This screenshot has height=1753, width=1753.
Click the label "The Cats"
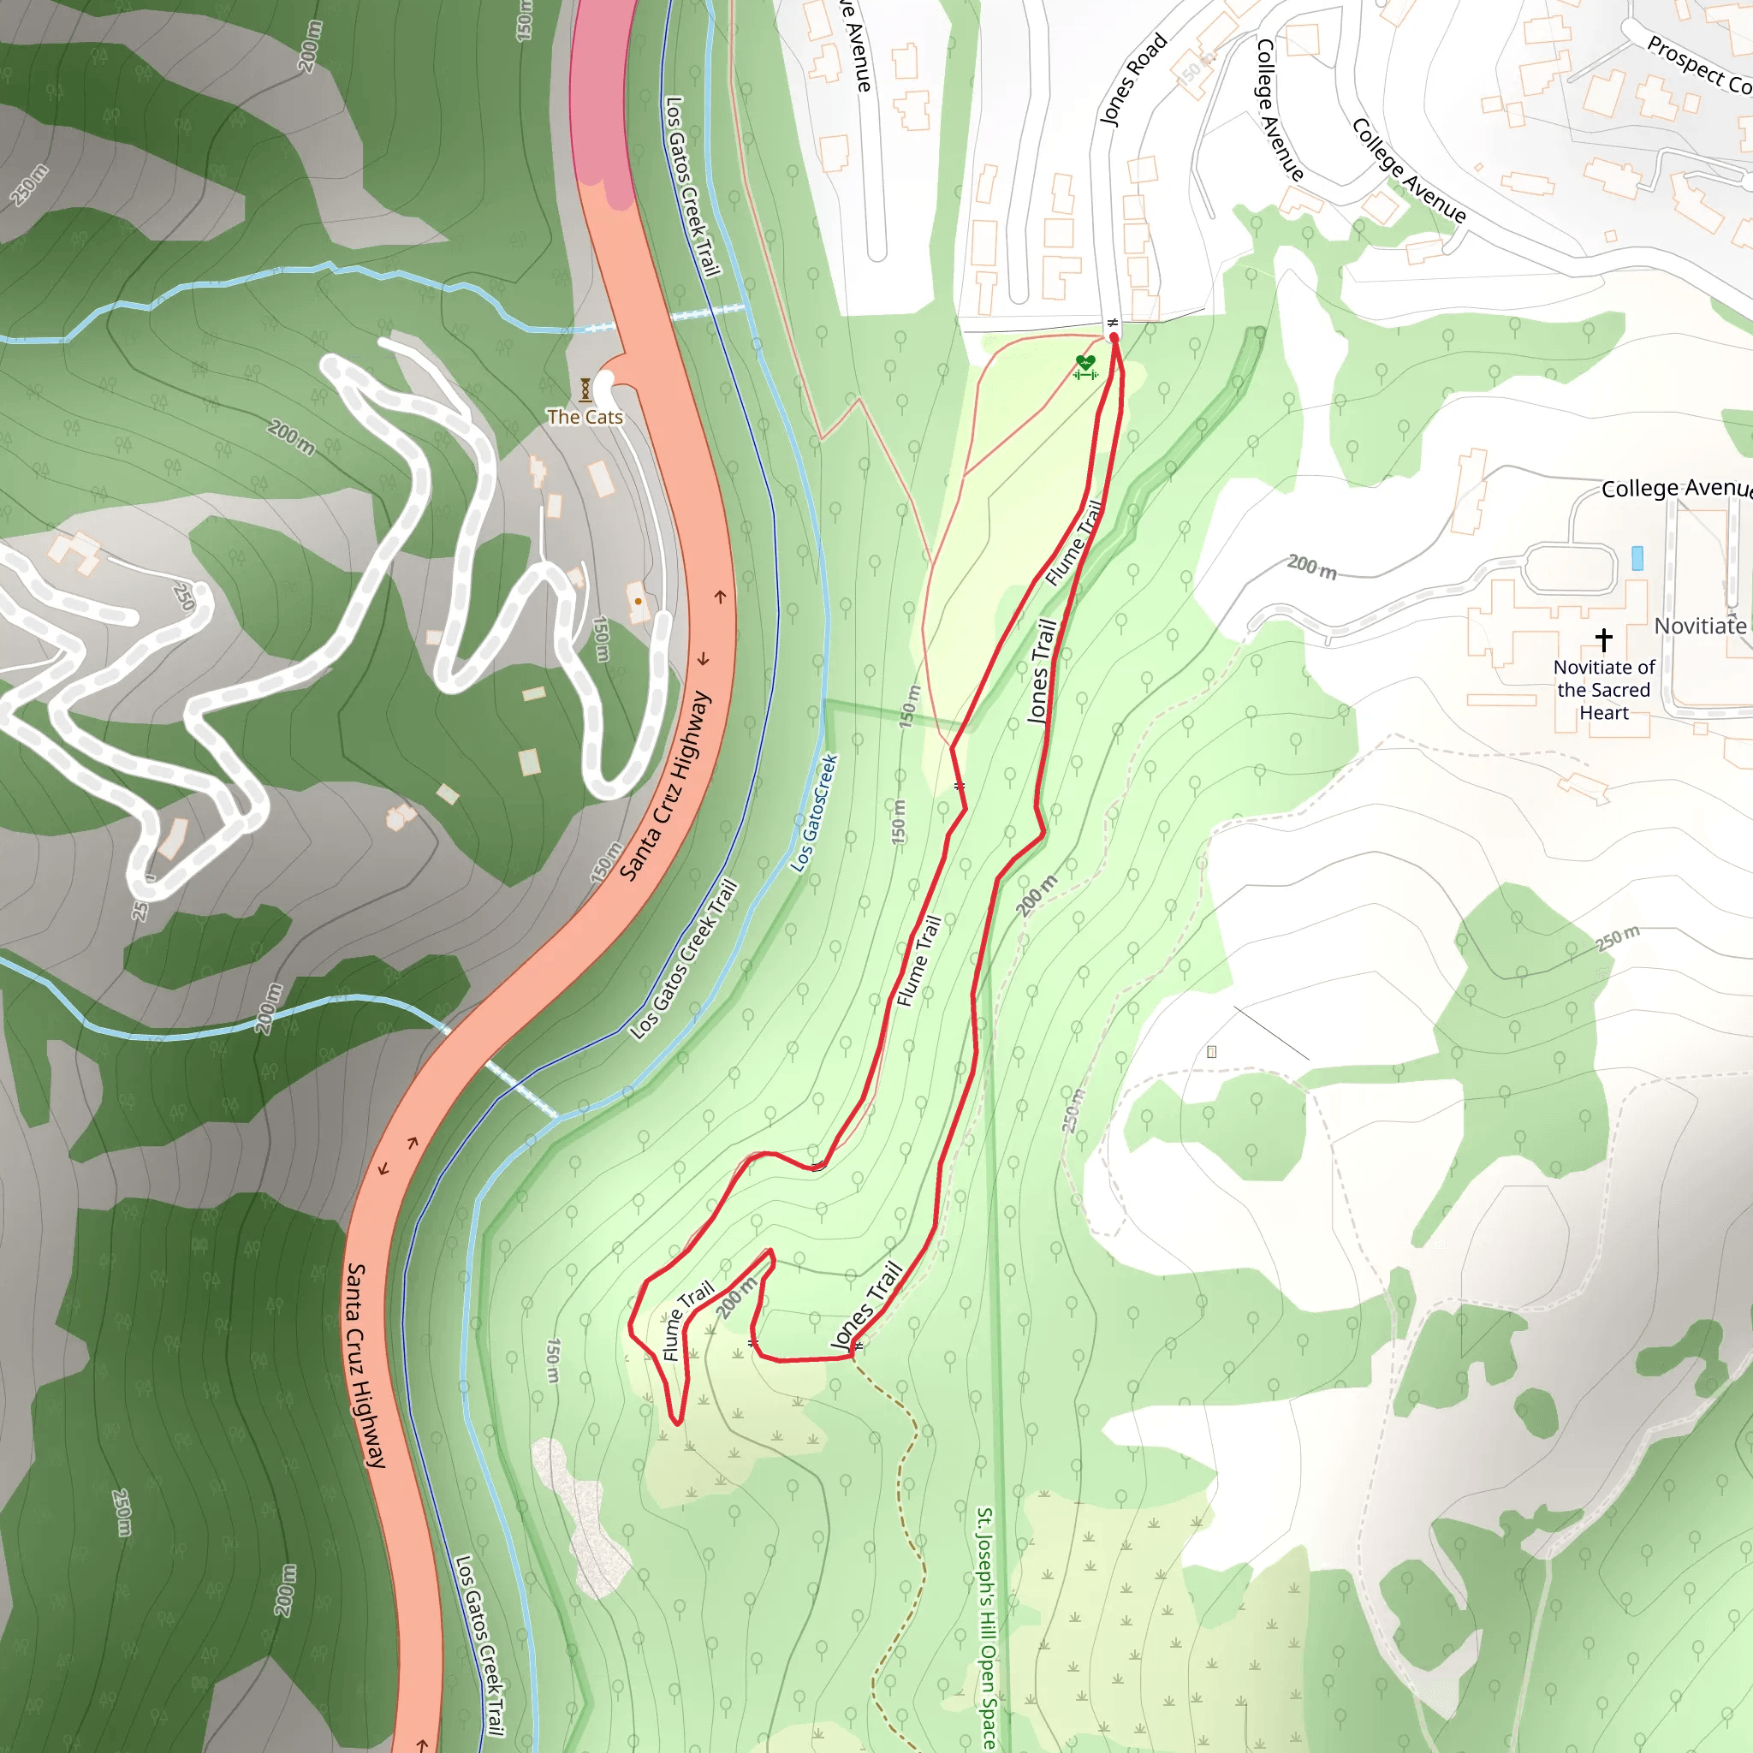[585, 418]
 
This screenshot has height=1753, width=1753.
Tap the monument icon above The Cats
[585, 390]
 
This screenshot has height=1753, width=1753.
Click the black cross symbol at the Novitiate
[1603, 639]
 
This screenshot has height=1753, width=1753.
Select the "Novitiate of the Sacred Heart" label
[1603, 690]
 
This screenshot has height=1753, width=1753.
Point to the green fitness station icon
[1085, 366]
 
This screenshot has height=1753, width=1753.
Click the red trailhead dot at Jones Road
[1114, 337]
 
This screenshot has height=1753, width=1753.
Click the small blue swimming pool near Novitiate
[1637, 557]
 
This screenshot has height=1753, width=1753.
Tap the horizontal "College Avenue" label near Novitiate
[1675, 488]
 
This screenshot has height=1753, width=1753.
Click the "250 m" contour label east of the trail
[1618, 937]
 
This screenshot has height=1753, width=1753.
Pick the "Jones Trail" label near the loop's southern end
[866, 1306]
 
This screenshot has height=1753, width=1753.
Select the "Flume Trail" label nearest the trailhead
[1073, 542]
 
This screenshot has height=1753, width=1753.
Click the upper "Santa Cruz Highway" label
[665, 785]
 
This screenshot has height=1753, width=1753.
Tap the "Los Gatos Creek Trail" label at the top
[692, 186]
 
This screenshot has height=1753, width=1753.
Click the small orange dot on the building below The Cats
[638, 601]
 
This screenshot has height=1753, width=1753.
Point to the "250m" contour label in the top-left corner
[29, 185]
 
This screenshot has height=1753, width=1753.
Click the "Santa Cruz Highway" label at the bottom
[365, 1364]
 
